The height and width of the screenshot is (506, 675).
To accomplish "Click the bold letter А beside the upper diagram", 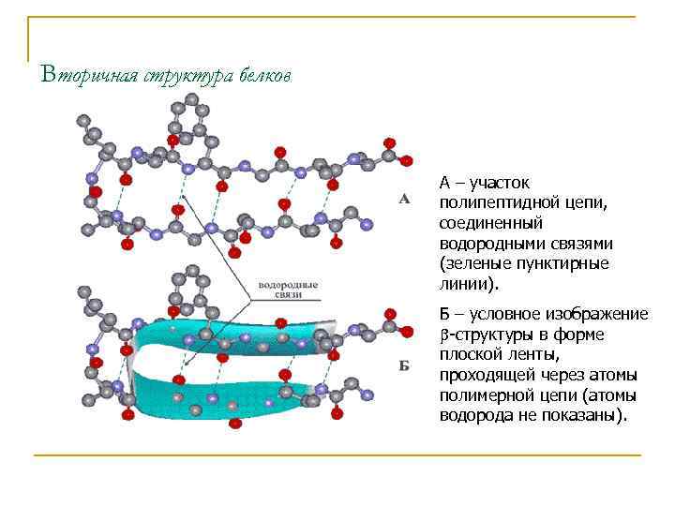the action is pyautogui.click(x=404, y=199).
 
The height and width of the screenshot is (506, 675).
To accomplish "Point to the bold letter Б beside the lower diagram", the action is pyautogui.click(x=404, y=365).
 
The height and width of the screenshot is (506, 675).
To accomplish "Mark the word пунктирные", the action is pyautogui.click(x=565, y=263).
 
